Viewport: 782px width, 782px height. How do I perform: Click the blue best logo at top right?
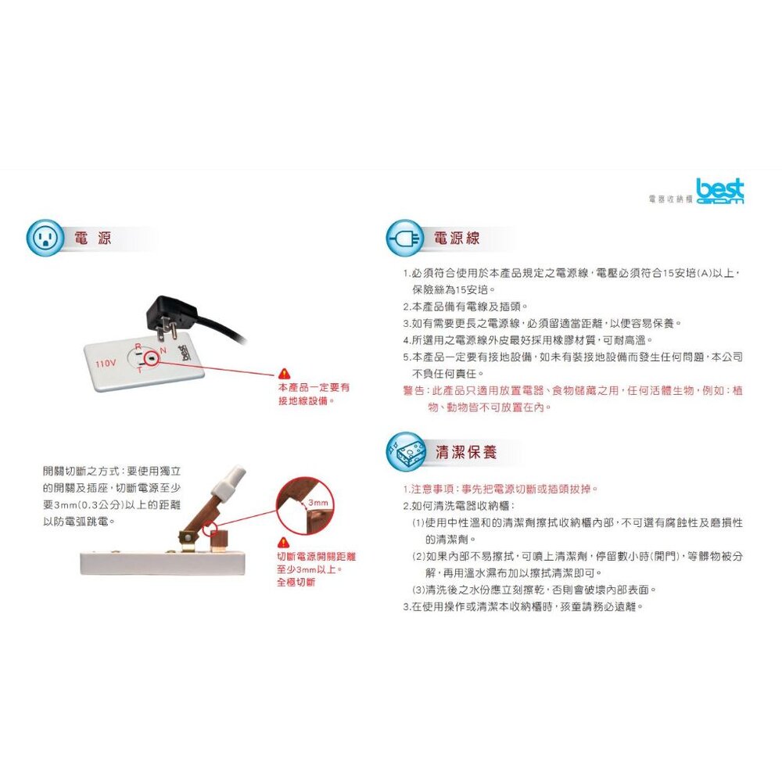(x=719, y=192)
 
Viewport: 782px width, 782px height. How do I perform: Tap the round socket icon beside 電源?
(x=45, y=238)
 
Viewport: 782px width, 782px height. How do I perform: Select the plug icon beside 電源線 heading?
(x=404, y=238)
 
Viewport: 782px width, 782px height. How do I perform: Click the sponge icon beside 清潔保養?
(x=406, y=452)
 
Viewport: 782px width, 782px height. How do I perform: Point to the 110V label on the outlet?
(x=106, y=363)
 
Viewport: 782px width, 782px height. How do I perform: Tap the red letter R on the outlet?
(x=138, y=346)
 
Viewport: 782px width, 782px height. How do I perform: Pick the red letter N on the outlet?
(x=163, y=350)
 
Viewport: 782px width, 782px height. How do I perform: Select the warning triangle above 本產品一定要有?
(x=284, y=373)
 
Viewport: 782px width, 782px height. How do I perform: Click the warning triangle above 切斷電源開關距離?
(x=283, y=542)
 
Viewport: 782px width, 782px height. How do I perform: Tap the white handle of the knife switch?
(x=228, y=480)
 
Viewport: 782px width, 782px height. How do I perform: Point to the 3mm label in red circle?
(x=317, y=503)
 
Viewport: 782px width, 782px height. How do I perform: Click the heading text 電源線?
(x=457, y=238)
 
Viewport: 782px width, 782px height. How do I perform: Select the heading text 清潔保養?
(x=466, y=452)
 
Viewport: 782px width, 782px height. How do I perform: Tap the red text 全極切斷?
(x=296, y=582)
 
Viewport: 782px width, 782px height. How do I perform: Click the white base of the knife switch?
(x=163, y=562)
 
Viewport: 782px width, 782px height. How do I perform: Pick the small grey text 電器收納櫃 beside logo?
(x=670, y=199)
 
